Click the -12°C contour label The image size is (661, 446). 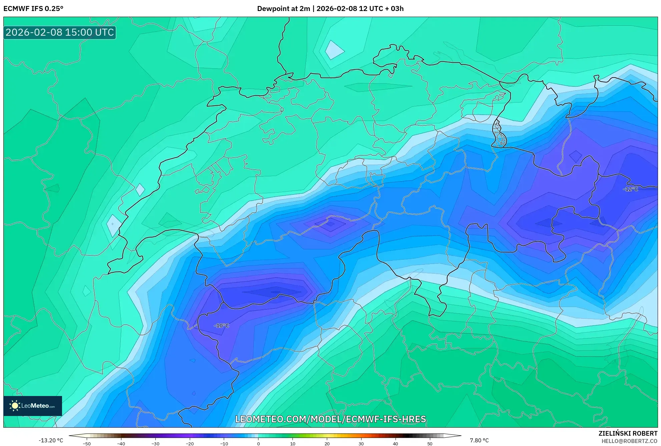click(630, 189)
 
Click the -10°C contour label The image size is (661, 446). click(221, 326)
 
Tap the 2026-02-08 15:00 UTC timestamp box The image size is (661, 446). click(60, 32)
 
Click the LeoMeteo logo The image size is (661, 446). click(33, 406)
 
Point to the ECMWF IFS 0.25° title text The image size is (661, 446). click(33, 9)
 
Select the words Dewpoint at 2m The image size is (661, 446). click(283, 9)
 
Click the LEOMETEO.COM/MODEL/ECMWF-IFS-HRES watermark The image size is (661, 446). click(330, 419)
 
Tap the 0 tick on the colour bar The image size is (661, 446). click(258, 444)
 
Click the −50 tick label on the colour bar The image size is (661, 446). click(86, 444)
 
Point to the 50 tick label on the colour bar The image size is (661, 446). click(430, 444)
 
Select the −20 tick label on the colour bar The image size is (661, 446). click(189, 444)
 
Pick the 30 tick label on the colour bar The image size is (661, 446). click(361, 444)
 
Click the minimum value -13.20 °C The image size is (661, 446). click(51, 440)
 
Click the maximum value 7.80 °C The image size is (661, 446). click(479, 440)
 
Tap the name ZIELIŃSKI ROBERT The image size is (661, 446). click(628, 433)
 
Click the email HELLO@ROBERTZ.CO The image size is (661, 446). click(629, 441)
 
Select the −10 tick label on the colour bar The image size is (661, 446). click(224, 444)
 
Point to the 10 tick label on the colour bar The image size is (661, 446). click(293, 444)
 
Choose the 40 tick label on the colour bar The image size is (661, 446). click(396, 444)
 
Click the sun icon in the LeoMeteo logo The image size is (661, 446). click(15, 406)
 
